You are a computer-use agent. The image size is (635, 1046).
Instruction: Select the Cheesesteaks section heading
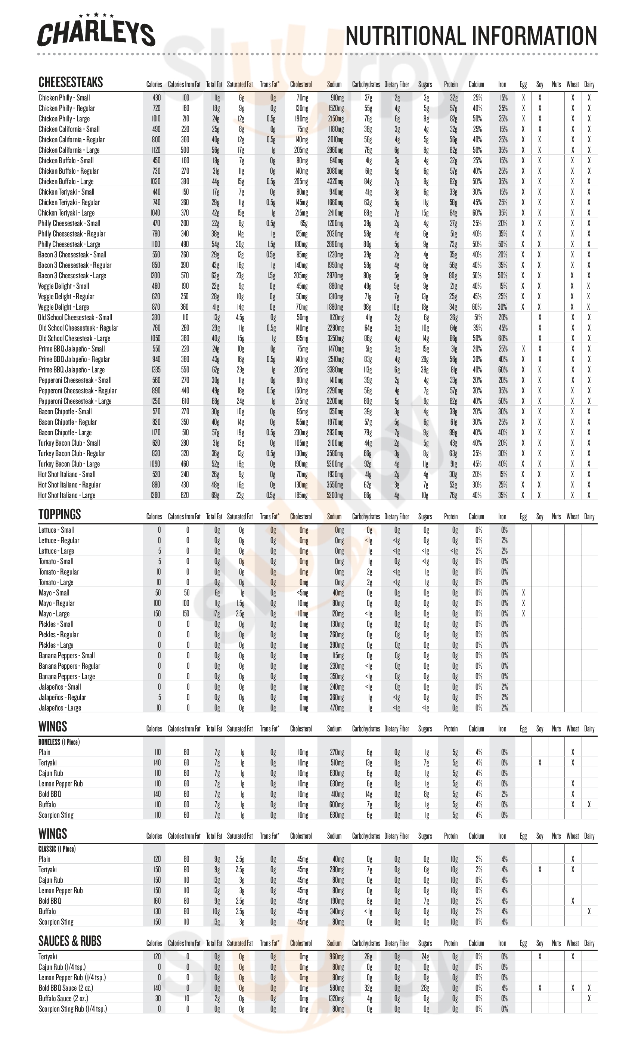pyautogui.click(x=71, y=82)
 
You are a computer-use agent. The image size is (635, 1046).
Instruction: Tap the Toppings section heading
pyautogui.click(x=59, y=514)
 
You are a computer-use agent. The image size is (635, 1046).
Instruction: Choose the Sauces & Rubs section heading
pyautogui.click(x=69, y=941)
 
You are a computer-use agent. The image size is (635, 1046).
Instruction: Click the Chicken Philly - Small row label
pyautogui.click(x=64, y=98)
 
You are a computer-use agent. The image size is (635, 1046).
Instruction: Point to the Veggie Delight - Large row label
pyautogui.click(x=63, y=307)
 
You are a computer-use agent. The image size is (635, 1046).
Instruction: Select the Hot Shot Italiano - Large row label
pyautogui.click(x=66, y=495)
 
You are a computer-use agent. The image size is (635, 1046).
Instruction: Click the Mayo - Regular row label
pyautogui.click(x=56, y=603)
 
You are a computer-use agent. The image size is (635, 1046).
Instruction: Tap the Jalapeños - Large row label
pyautogui.click(x=60, y=708)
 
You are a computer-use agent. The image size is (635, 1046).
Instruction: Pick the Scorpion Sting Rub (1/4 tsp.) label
pyautogui.click(x=72, y=1009)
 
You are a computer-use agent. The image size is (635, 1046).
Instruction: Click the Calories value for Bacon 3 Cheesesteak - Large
pyautogui.click(x=155, y=276)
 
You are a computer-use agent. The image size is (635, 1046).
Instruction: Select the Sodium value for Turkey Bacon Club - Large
pyautogui.click(x=335, y=464)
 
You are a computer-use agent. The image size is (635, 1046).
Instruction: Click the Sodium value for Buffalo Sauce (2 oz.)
pyautogui.click(x=337, y=999)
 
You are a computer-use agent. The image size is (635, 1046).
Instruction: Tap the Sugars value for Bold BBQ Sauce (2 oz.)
pyautogui.click(x=425, y=988)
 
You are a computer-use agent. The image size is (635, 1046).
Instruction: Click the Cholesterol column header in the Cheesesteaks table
pyautogui.click(x=301, y=84)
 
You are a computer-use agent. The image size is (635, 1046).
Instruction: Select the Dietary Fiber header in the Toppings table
pyautogui.click(x=396, y=517)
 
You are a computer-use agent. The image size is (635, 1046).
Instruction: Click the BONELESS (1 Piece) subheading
pyautogui.click(x=59, y=742)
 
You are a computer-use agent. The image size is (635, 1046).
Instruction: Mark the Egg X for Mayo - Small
pyautogui.click(x=523, y=593)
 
